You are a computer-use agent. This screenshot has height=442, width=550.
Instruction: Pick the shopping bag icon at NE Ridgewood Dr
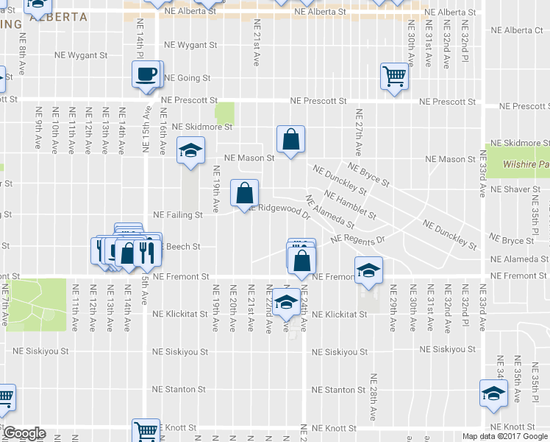pyautogui.click(x=245, y=193)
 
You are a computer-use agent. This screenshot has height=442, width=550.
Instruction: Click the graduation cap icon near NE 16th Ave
pyautogui.click(x=190, y=152)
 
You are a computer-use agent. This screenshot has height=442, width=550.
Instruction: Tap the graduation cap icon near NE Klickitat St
pyautogui.click(x=285, y=302)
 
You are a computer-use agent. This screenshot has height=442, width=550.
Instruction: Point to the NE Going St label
pyautogui.click(x=186, y=78)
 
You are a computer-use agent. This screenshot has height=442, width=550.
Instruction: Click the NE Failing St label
pyautogui.click(x=177, y=215)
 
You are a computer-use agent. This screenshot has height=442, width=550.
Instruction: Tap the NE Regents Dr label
pyautogui.click(x=358, y=239)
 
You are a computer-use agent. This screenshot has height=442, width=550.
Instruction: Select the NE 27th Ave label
pyautogui.click(x=359, y=133)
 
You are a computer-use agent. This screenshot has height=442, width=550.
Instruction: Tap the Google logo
pyautogui.click(x=24, y=433)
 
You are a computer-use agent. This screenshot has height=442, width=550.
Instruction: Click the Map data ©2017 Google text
pyautogui.click(x=505, y=436)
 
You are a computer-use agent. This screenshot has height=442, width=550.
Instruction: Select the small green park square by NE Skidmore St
pyautogui.click(x=224, y=113)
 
